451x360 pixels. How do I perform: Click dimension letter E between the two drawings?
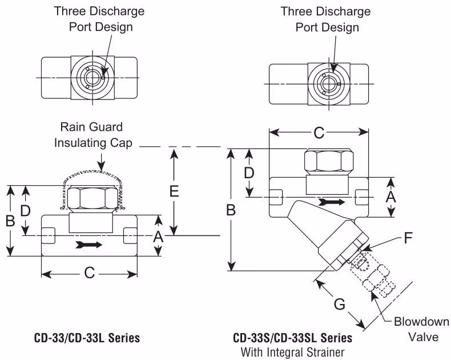175,191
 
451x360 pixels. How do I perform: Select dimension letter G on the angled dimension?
339,304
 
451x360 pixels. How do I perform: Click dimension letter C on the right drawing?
319,133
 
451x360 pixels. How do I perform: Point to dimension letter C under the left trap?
89,273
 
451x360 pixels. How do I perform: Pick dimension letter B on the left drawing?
10,221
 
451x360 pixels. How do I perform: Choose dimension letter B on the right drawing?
231,210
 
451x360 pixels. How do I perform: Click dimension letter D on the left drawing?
25,210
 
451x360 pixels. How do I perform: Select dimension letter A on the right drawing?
391,197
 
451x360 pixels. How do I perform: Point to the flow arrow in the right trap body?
332,202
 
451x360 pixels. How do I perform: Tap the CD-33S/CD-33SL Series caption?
292,338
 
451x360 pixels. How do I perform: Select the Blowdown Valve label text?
416,329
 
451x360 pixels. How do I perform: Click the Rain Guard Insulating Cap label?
88,135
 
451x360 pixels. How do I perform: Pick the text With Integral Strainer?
292,352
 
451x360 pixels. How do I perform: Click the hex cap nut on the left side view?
93,199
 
